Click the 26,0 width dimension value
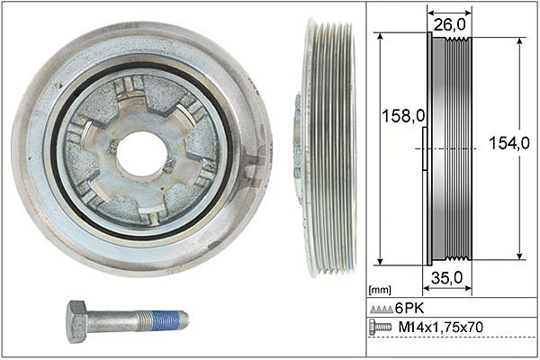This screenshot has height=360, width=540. pyautogui.click(x=449, y=25)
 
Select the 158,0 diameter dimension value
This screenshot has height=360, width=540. pyautogui.click(x=403, y=116)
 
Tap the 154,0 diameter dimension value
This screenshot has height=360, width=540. pyautogui.click(x=509, y=142)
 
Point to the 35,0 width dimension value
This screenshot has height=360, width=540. pyautogui.click(x=446, y=278)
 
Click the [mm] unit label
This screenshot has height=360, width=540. pyautogui.click(x=380, y=290)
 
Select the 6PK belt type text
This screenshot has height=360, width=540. pyautogui.click(x=409, y=308)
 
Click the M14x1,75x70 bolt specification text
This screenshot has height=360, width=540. pyautogui.click(x=440, y=327)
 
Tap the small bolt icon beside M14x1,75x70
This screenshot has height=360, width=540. pyautogui.click(x=380, y=327)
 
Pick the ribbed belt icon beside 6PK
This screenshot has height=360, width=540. pyautogui.click(x=382, y=310)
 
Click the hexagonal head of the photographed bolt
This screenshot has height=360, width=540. pyautogui.click(x=77, y=321)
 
